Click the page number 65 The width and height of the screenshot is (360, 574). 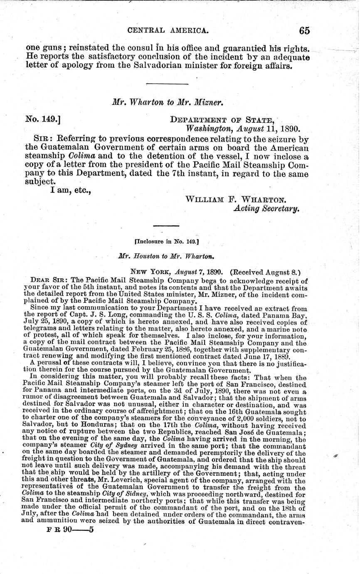[304, 30]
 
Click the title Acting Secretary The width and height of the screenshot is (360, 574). [266, 209]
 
